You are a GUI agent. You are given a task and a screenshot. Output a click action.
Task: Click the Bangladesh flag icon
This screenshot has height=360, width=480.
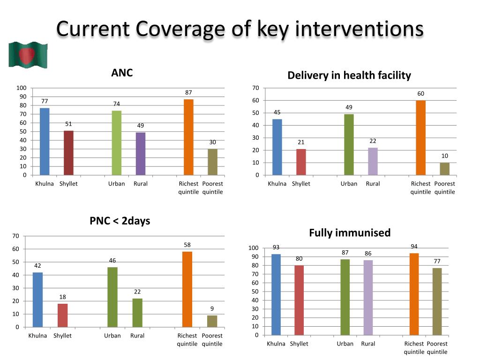pyautogui.click(x=28, y=55)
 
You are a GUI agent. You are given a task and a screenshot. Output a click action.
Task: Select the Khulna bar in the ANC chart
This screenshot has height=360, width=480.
pyautogui.click(x=45, y=141)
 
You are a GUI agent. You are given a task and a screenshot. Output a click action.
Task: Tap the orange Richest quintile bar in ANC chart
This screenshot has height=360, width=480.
pyautogui.click(x=188, y=137)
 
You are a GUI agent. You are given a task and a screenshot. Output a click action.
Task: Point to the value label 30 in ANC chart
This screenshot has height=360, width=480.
pyautogui.click(x=212, y=142)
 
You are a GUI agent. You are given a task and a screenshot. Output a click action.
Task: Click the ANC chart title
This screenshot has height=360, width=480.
pyautogui.click(x=122, y=73)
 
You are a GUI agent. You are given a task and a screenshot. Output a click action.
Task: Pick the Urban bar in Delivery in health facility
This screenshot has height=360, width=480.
pyautogui.click(x=349, y=144)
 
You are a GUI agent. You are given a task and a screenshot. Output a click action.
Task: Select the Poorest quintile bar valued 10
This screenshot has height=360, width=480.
pyautogui.click(x=444, y=169)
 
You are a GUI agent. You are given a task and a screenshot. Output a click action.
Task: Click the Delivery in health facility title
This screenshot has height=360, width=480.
pyautogui.click(x=349, y=75)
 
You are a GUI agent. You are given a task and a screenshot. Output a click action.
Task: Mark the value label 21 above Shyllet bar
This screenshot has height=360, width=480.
pyautogui.click(x=301, y=142)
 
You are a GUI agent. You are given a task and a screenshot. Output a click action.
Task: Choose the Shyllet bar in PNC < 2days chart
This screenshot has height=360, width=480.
pyautogui.click(x=62, y=315)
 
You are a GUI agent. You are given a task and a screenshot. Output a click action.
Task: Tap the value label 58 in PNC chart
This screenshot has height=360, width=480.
pyautogui.click(x=187, y=245)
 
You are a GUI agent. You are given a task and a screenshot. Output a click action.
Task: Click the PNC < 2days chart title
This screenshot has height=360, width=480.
pyautogui.click(x=120, y=221)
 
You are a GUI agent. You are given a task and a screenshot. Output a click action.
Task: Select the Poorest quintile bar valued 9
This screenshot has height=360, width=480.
pyautogui.click(x=212, y=321)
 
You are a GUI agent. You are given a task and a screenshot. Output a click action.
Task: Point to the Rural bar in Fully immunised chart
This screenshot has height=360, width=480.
pyautogui.click(x=368, y=297)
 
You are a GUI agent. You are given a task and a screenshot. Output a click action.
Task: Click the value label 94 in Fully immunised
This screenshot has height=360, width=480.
pyautogui.click(x=414, y=246)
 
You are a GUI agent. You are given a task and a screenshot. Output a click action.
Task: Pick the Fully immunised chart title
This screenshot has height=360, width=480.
pyautogui.click(x=350, y=233)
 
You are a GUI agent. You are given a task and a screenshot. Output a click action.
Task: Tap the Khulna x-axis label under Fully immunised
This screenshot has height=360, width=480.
pyautogui.click(x=276, y=344)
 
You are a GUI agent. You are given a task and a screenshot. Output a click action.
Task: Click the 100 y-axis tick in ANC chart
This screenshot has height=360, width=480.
pyautogui.click(x=22, y=88)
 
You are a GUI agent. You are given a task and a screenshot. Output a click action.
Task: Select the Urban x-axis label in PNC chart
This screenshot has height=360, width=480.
pyautogui.click(x=112, y=336)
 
